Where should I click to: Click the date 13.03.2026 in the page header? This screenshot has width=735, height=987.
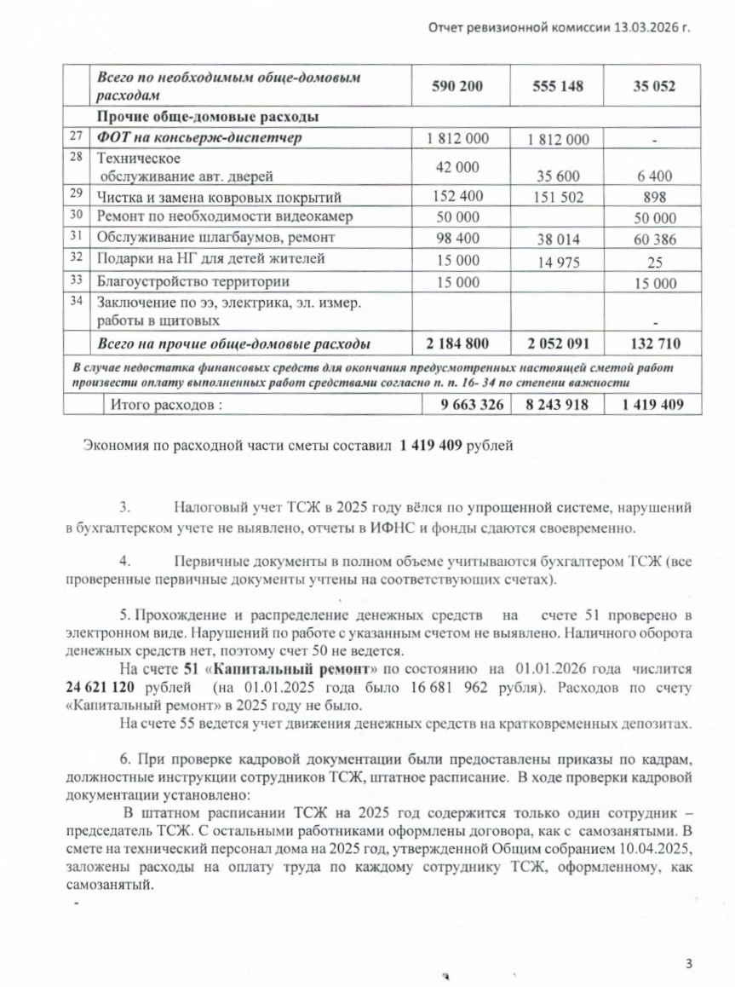pyautogui.click(x=646, y=27)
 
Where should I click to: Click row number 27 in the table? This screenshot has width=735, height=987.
pyautogui.click(x=79, y=136)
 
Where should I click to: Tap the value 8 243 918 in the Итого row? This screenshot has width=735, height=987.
pyautogui.click(x=556, y=405)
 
